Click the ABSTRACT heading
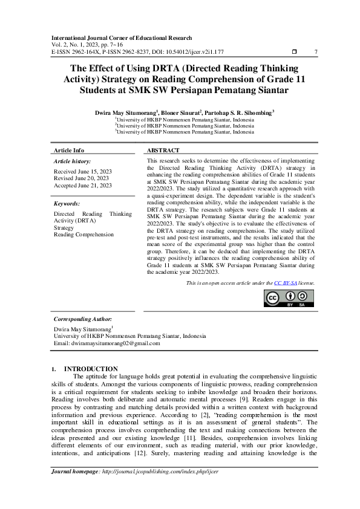pyautogui.click(x=163, y=150)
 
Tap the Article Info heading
pyautogui.click(x=69, y=150)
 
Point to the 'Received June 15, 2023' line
pyautogui.click(x=83, y=172)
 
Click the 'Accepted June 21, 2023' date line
pyautogui.click(x=83, y=185)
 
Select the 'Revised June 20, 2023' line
pyautogui.click(x=81, y=178)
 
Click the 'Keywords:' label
pyautogui.click(x=67, y=204)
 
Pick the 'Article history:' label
pyautogui.click(x=73, y=161)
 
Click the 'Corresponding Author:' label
pyautogui.click(x=83, y=319)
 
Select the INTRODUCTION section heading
pyautogui.click(x=91, y=369)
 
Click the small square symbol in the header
pyautogui.click(x=294, y=51)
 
